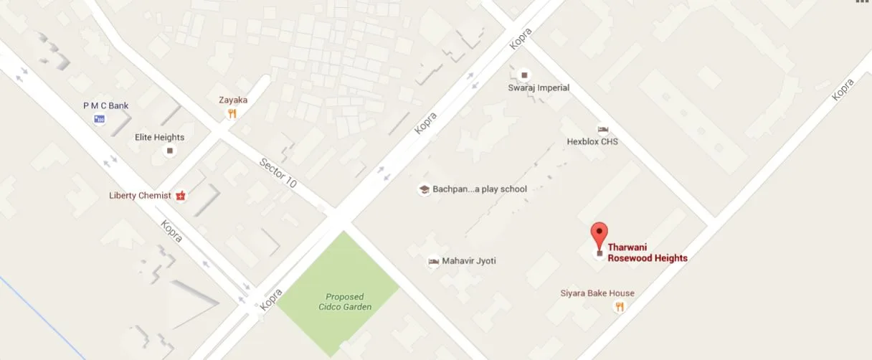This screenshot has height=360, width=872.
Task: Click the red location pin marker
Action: tap(599, 235)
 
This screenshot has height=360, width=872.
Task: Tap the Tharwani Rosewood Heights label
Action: tap(648, 253)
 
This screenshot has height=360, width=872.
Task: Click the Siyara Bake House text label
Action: tap(597, 293)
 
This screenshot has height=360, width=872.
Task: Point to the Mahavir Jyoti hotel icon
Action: tap(433, 261)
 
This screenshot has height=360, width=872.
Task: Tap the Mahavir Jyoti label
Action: tap(469, 261)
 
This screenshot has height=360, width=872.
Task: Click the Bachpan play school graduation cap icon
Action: tap(424, 189)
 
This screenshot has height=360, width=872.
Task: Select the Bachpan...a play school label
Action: tap(480, 189)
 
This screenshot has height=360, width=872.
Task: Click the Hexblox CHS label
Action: tap(592, 142)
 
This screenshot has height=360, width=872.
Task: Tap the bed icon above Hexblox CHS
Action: tap(602, 129)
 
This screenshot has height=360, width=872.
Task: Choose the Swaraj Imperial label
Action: tap(539, 87)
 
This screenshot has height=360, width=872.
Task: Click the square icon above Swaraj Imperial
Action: tap(524, 75)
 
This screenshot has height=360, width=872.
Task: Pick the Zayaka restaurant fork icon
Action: tap(232, 113)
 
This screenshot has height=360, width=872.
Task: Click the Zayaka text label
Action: tap(233, 100)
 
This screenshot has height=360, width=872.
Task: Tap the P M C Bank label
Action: tap(106, 105)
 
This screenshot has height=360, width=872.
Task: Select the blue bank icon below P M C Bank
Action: tap(100, 118)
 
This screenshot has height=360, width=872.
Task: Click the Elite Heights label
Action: tap(160, 137)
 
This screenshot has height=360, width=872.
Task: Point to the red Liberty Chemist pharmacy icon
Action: tap(181, 195)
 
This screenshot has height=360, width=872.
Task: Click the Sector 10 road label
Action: tap(278, 172)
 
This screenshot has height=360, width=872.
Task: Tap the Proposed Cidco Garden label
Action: tap(345, 302)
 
